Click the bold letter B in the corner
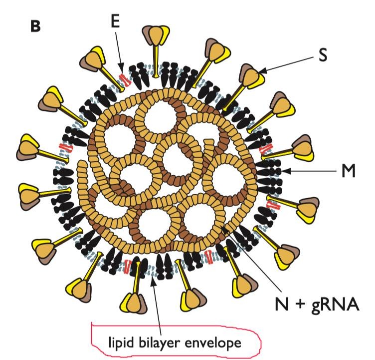click(x=35, y=26)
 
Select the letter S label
click(x=323, y=55)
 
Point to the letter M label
click(x=348, y=171)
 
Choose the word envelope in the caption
click(x=213, y=343)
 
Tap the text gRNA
click(x=335, y=305)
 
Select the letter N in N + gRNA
click(x=282, y=304)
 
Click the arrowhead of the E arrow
click(x=121, y=67)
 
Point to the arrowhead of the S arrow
click(x=262, y=70)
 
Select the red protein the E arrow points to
click(x=125, y=80)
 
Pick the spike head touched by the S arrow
click(x=252, y=75)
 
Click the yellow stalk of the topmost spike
click(x=156, y=61)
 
